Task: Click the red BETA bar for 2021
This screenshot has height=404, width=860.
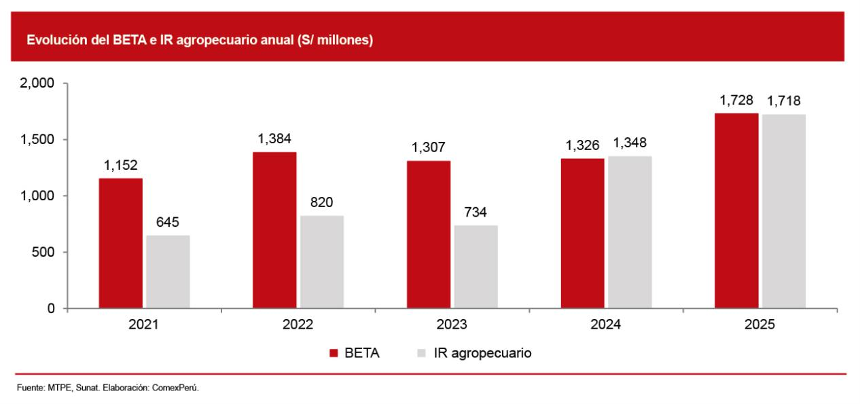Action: point(120,243)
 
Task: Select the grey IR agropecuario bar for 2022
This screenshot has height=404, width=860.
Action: point(322,262)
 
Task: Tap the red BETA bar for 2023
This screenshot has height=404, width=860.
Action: point(429,234)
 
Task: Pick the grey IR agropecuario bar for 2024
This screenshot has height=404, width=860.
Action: point(630,232)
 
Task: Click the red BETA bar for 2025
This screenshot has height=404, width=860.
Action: point(736,210)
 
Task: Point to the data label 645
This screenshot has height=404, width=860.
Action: point(168,222)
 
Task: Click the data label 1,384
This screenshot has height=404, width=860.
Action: point(274,139)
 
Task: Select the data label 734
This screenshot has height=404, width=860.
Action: point(476,212)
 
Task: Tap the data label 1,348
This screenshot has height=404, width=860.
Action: point(630,143)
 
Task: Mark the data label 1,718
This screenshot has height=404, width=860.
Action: point(784,101)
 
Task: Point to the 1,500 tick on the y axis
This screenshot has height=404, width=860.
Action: point(37,140)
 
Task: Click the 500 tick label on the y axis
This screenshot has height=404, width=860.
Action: point(43,252)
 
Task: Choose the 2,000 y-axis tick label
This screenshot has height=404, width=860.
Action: point(37,84)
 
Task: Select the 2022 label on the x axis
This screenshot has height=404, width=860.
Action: point(298,325)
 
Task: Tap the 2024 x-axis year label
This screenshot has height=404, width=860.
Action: point(605,325)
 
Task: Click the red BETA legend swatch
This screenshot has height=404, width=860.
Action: point(334,353)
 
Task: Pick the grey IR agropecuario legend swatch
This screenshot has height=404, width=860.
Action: point(421,353)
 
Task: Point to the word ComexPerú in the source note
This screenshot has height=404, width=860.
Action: point(175,388)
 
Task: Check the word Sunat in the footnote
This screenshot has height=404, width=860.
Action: point(88,388)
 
